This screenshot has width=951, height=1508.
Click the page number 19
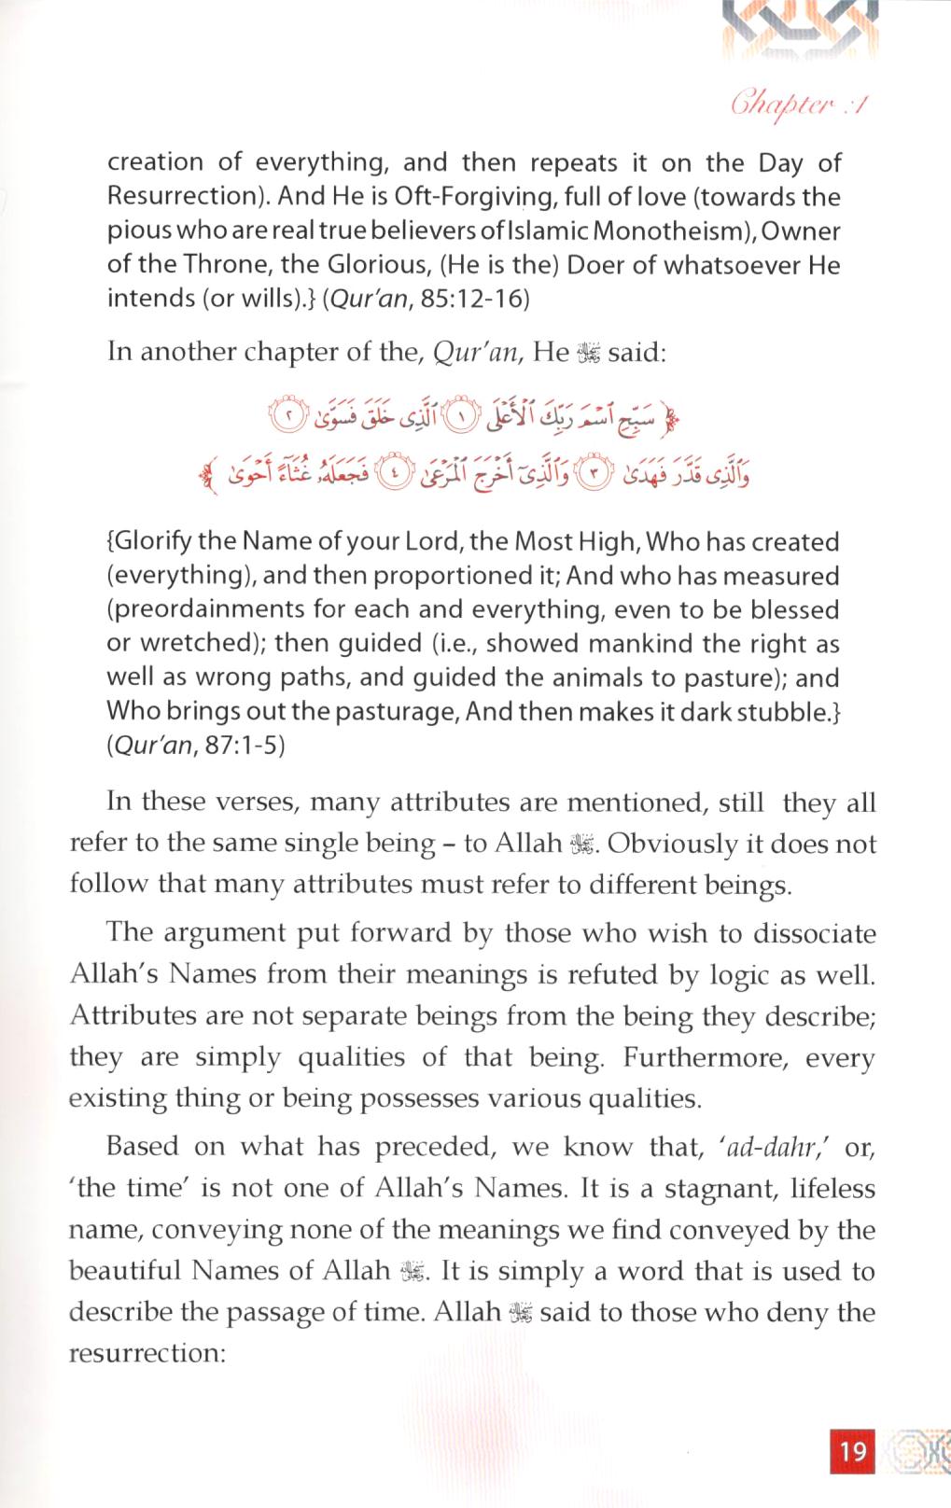(x=853, y=1450)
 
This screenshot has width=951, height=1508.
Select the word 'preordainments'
(x=214, y=610)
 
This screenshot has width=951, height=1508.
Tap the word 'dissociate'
(x=809, y=933)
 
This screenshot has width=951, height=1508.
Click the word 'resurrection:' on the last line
(x=147, y=1352)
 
